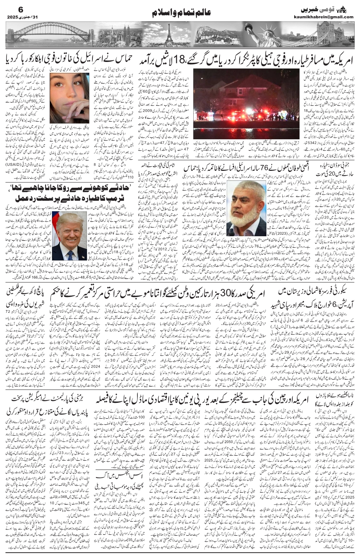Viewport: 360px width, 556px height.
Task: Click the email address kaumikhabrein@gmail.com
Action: click(323, 17)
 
